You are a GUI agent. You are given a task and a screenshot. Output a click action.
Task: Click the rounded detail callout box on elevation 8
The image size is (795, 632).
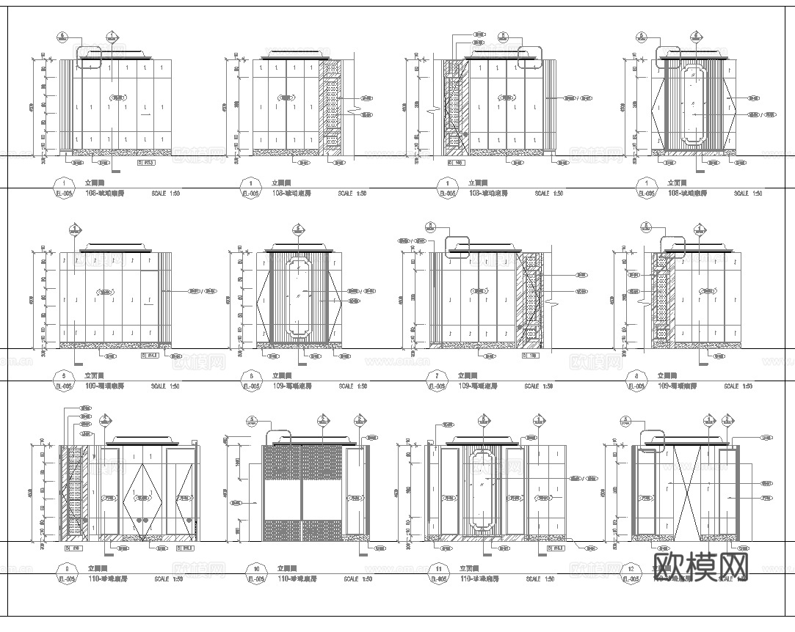[672, 246]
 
